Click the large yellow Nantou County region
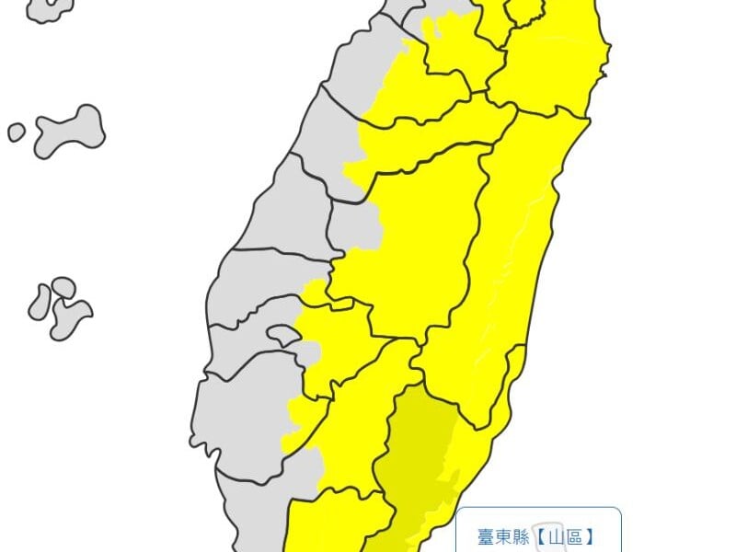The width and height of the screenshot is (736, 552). click(414, 248)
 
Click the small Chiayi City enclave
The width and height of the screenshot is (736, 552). click(283, 336)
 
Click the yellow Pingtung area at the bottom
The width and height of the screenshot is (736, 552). click(331, 524)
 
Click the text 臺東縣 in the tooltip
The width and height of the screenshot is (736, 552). click(503, 536)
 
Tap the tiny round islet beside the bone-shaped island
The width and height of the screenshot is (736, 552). click(17, 132)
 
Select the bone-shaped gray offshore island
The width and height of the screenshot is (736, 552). click(70, 130)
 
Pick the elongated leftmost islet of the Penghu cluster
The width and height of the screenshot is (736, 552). click(40, 302)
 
